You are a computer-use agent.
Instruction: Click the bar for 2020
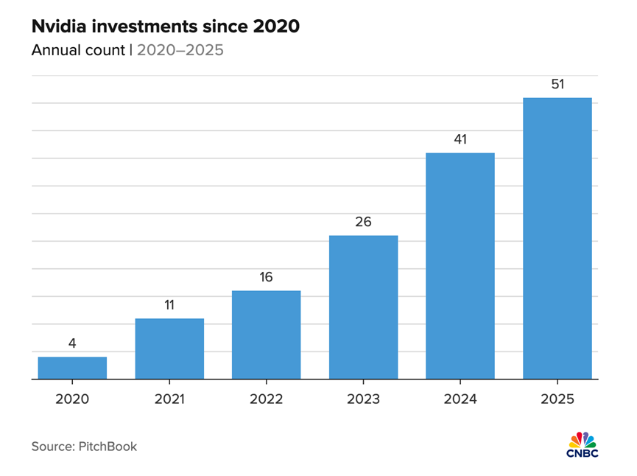tap(72, 368)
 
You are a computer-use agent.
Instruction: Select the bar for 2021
tap(169, 349)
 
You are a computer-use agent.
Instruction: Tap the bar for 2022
tap(267, 335)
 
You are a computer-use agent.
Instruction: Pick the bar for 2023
tap(363, 307)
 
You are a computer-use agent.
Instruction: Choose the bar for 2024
tap(460, 266)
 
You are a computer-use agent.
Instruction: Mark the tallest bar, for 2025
tap(557, 239)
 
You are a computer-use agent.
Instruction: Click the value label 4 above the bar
tap(72, 343)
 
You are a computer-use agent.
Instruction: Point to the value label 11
tap(169, 304)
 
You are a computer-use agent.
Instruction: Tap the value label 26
tap(363, 221)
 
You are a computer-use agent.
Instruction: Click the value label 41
tap(460, 139)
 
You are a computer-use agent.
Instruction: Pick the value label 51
tap(557, 83)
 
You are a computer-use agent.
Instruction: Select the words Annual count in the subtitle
tap(77, 51)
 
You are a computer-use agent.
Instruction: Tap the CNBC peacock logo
tap(583, 444)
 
